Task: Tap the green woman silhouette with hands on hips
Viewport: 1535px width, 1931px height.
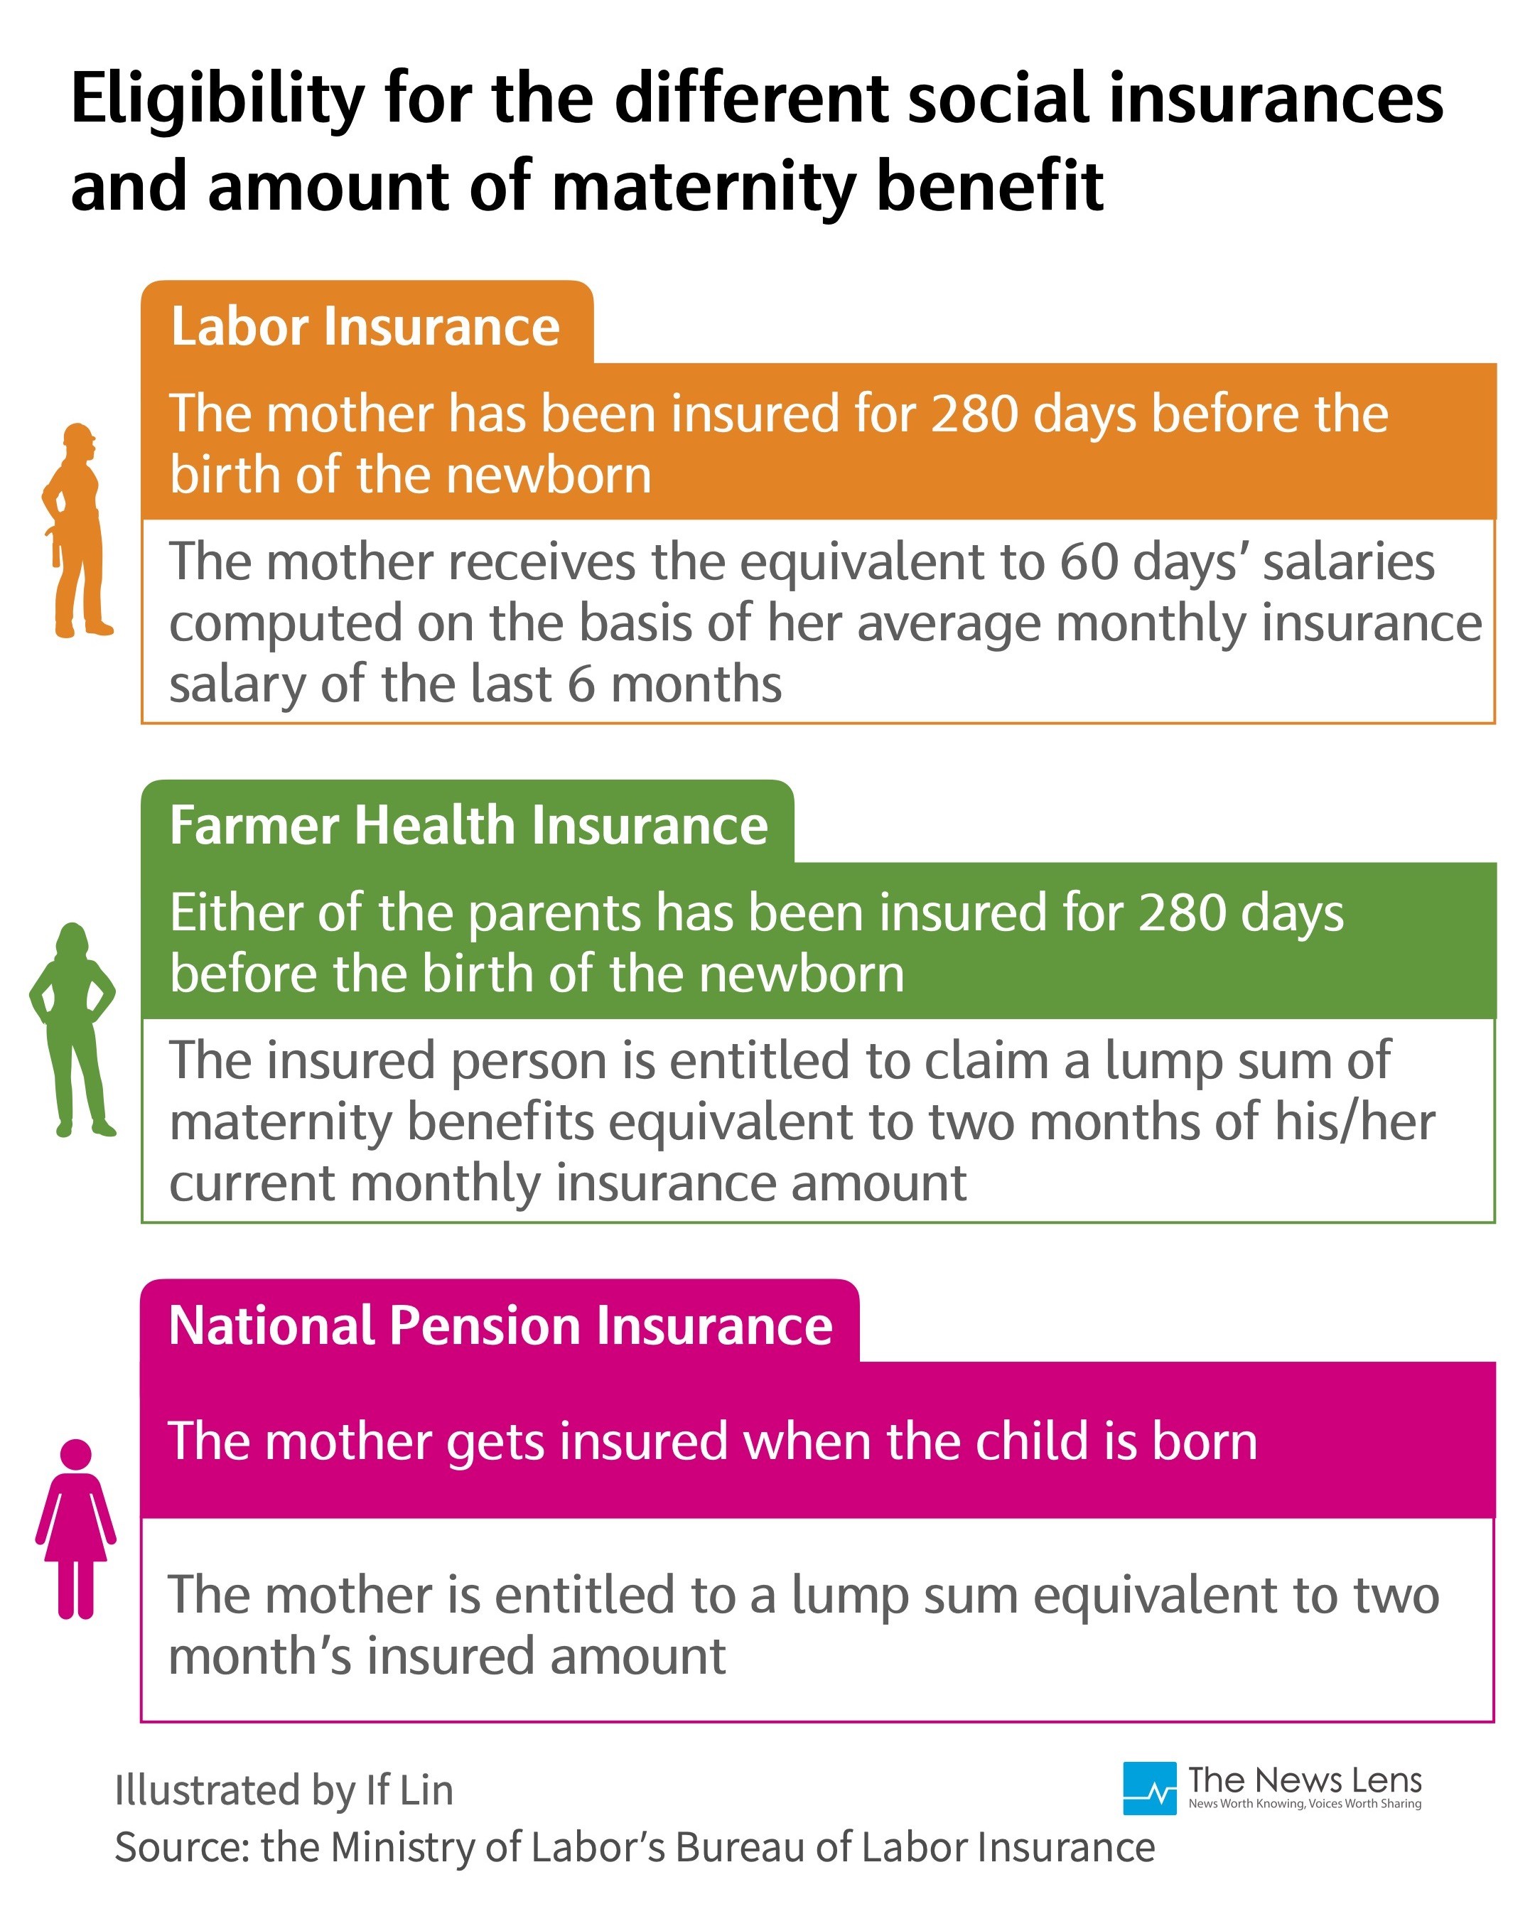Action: (72, 1029)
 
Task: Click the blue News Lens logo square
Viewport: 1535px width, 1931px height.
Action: (1149, 1787)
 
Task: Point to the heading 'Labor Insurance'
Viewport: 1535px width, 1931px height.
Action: (365, 326)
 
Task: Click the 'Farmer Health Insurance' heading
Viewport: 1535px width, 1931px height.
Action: (468, 825)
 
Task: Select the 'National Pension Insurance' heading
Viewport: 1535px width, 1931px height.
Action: (500, 1325)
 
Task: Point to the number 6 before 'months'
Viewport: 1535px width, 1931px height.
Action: (581, 684)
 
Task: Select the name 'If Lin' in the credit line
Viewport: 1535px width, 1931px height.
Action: (409, 1790)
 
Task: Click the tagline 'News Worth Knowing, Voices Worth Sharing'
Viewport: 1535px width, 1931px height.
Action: (1304, 1804)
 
